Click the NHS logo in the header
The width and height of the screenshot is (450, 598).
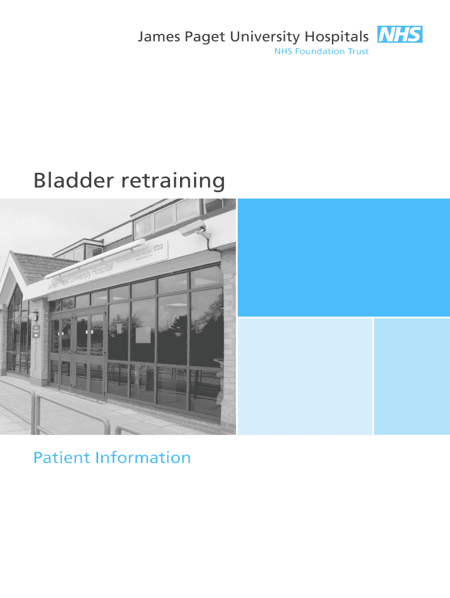(400, 35)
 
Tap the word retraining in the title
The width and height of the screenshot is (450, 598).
(173, 180)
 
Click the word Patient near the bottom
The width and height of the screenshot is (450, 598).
(61, 457)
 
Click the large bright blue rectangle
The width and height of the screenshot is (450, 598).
(344, 258)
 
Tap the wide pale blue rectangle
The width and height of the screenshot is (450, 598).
(305, 376)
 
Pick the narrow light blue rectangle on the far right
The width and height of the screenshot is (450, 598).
(411, 376)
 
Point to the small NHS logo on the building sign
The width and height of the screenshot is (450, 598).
(157, 248)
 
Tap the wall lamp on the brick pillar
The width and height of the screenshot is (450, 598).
(35, 316)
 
